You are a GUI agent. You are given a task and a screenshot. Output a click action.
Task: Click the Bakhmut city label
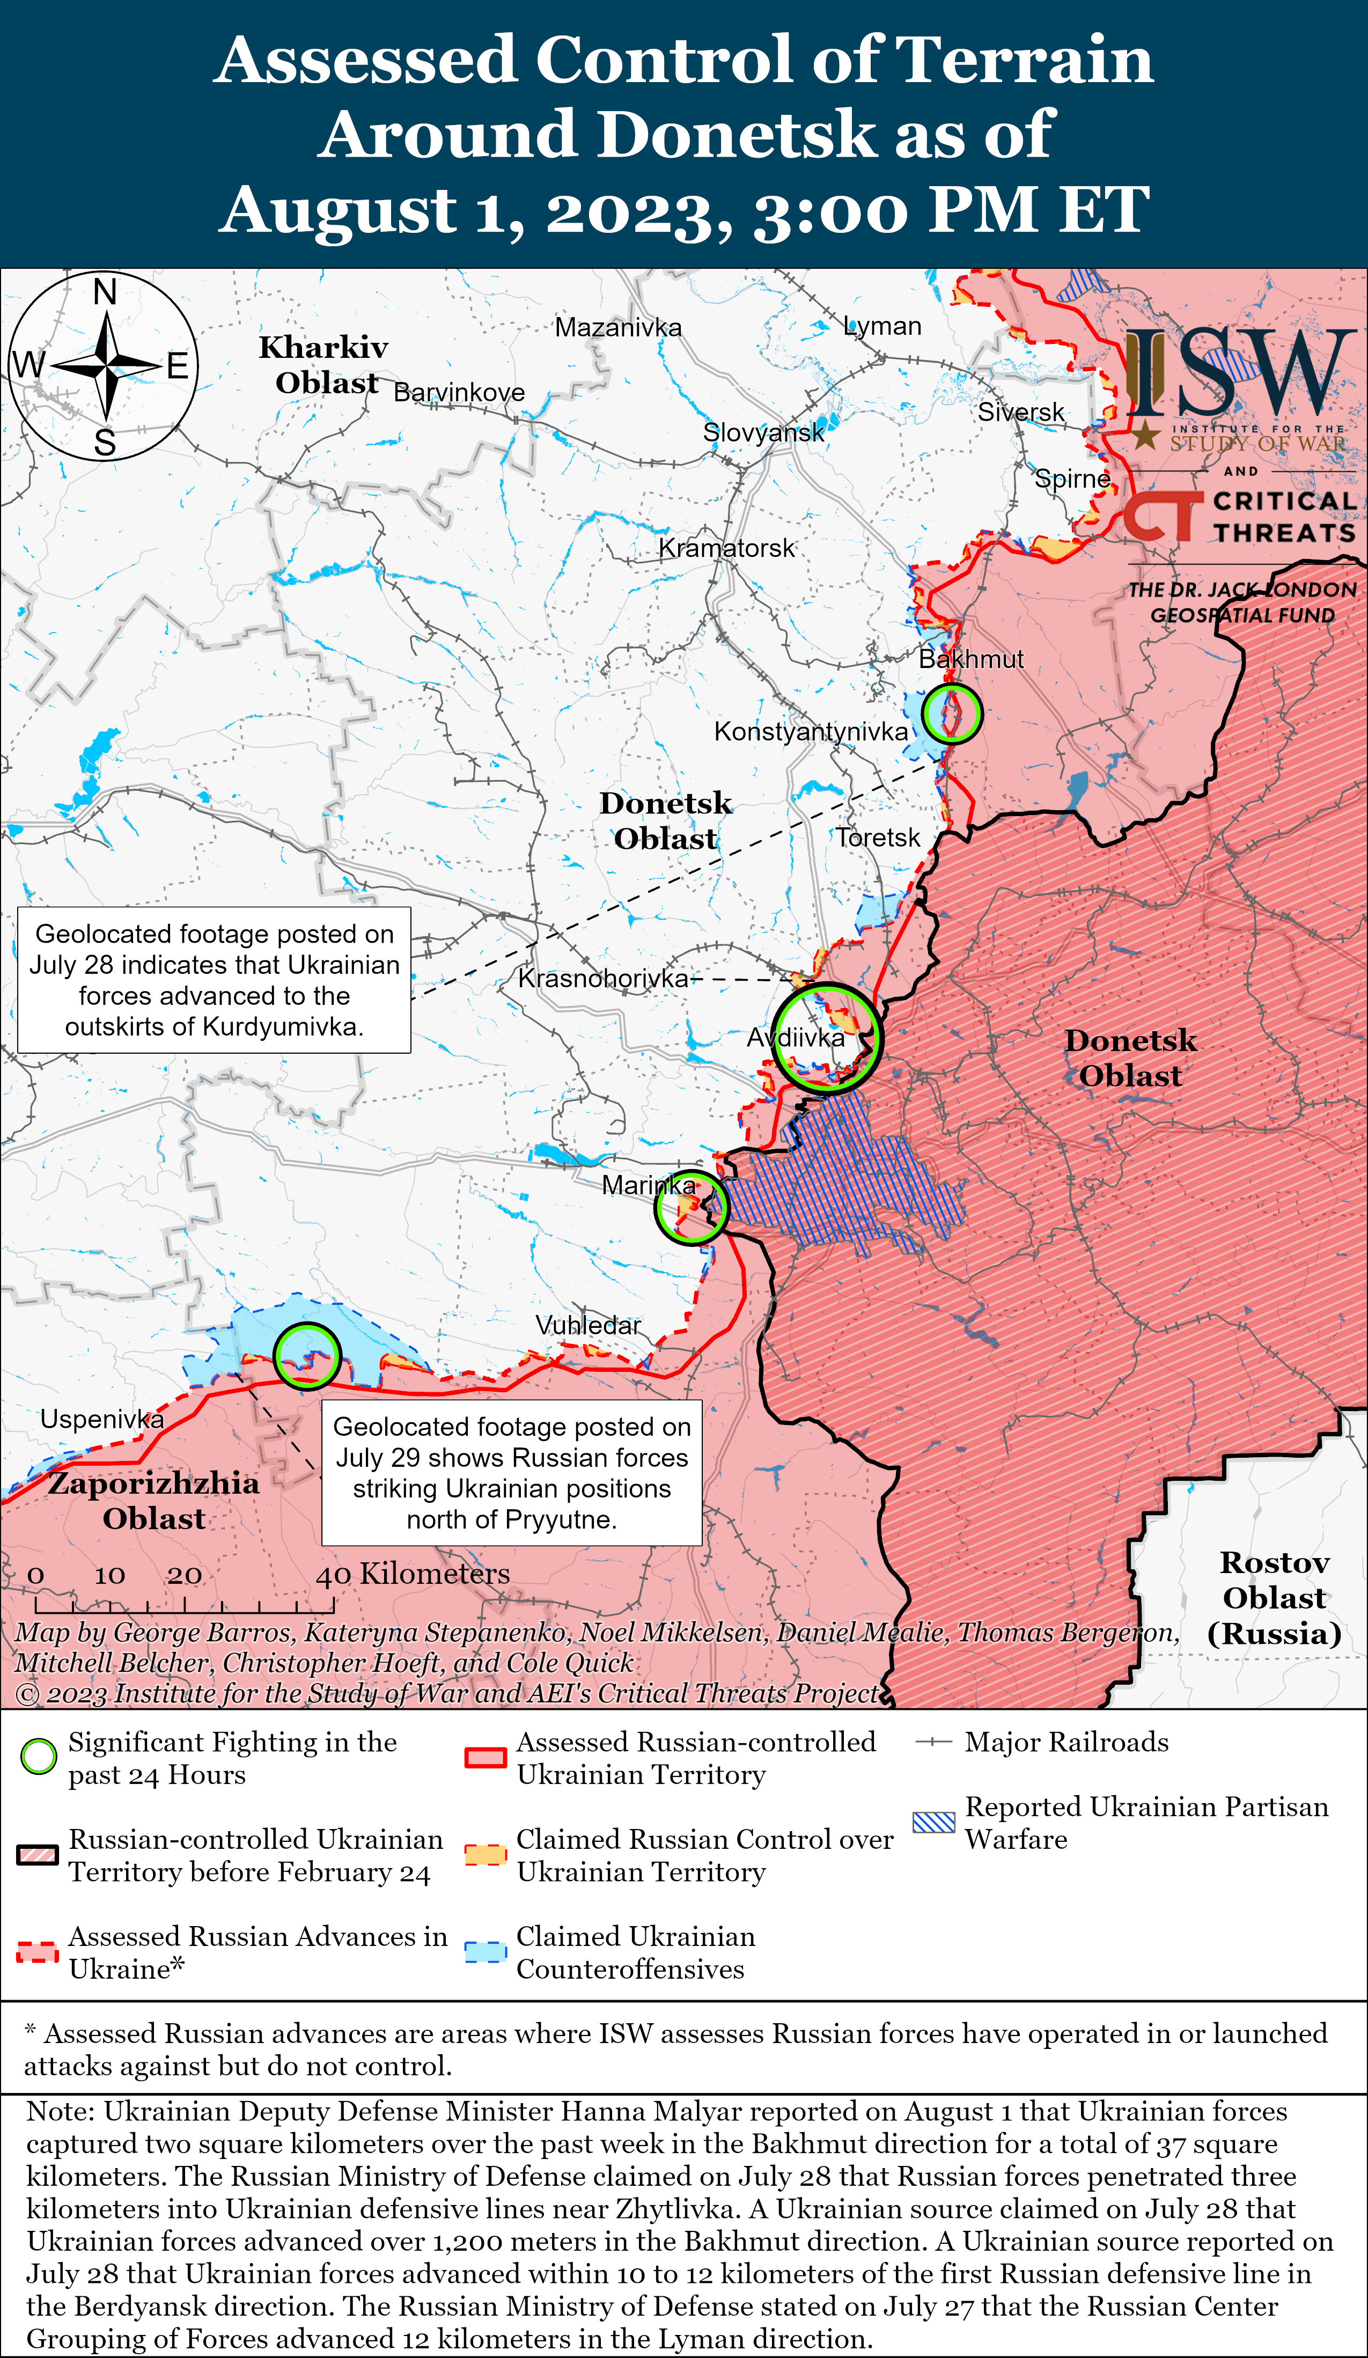point(970,659)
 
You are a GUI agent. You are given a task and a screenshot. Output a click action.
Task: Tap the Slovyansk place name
point(763,432)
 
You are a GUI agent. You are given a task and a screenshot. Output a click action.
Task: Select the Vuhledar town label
point(587,1325)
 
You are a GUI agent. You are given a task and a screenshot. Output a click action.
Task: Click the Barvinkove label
point(459,392)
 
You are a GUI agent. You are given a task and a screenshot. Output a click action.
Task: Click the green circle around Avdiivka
point(826,1038)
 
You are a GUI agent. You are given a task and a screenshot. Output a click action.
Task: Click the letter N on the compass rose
point(105,293)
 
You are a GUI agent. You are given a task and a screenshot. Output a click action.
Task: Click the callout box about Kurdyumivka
point(214,980)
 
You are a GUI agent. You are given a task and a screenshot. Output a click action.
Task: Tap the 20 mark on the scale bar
point(185,1575)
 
